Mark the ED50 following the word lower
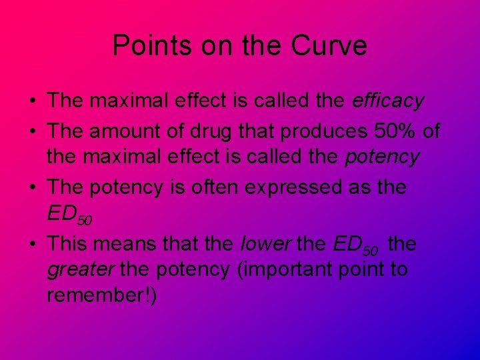click(356, 245)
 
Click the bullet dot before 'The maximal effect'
click(32, 102)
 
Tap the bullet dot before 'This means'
click(32, 244)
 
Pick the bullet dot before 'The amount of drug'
click(32, 132)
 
